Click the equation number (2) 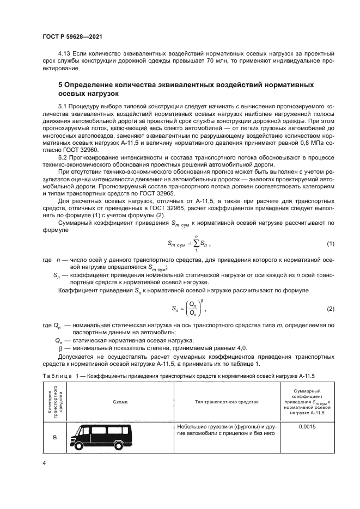click(330, 309)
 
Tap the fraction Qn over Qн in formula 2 click(192, 309)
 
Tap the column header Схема click(120, 402)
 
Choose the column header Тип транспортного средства click(227, 402)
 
